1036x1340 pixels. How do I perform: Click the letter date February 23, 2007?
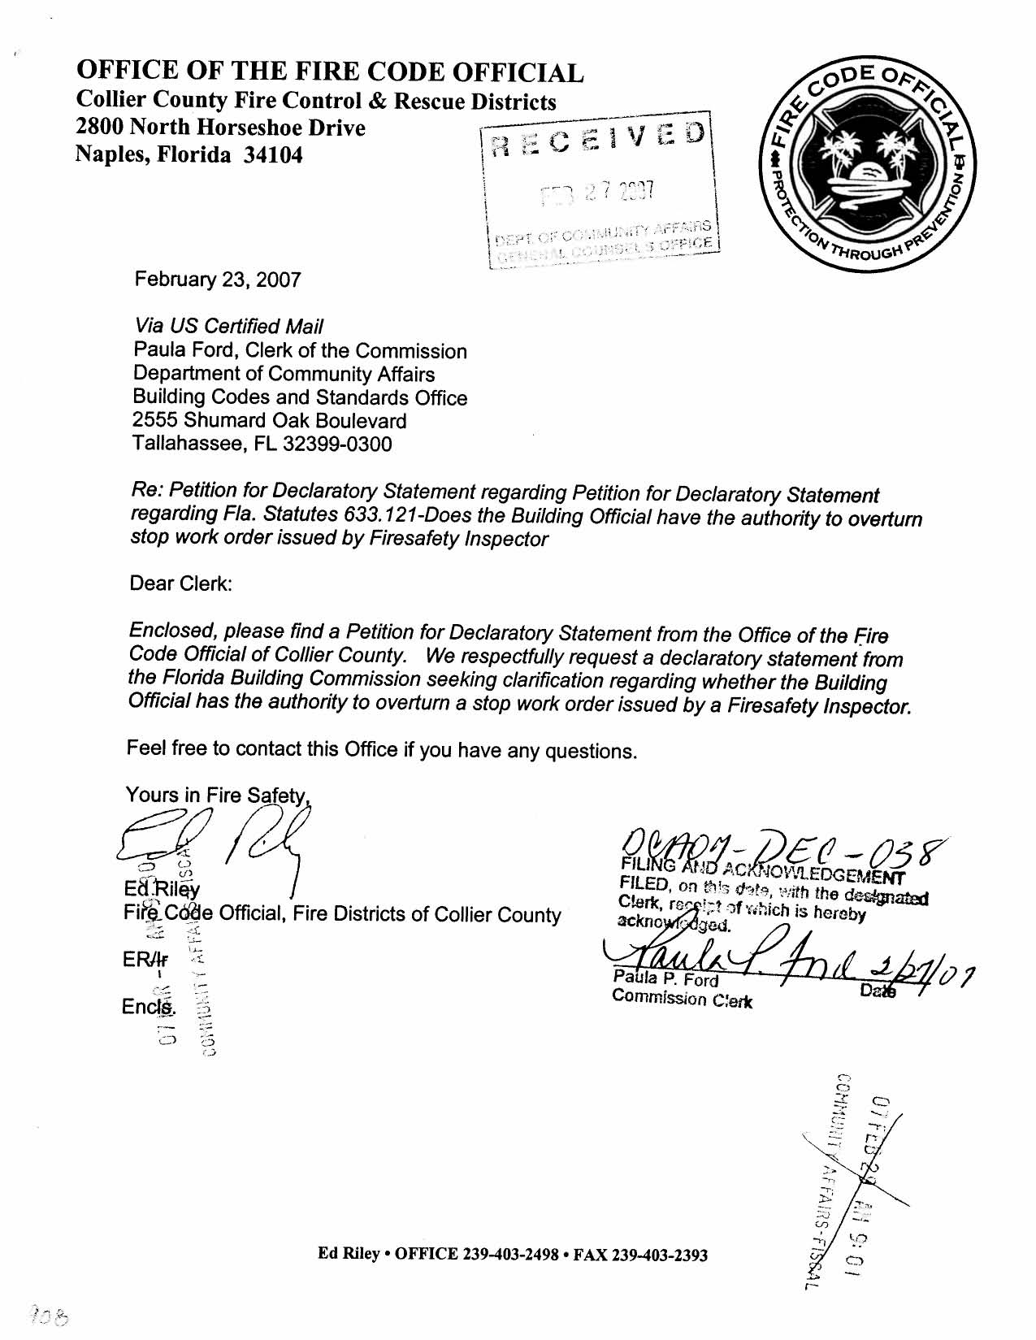click(x=217, y=280)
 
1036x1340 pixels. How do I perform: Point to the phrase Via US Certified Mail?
click(x=228, y=327)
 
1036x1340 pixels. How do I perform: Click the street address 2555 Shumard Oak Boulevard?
click(x=269, y=421)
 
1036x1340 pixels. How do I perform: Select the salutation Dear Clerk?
click(x=181, y=584)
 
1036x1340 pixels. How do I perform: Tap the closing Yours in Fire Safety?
click(x=217, y=796)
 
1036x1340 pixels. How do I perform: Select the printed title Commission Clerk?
click(x=682, y=1000)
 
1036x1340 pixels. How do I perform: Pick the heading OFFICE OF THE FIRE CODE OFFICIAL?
click(x=329, y=73)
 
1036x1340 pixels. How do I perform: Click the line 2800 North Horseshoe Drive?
click(x=220, y=128)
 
